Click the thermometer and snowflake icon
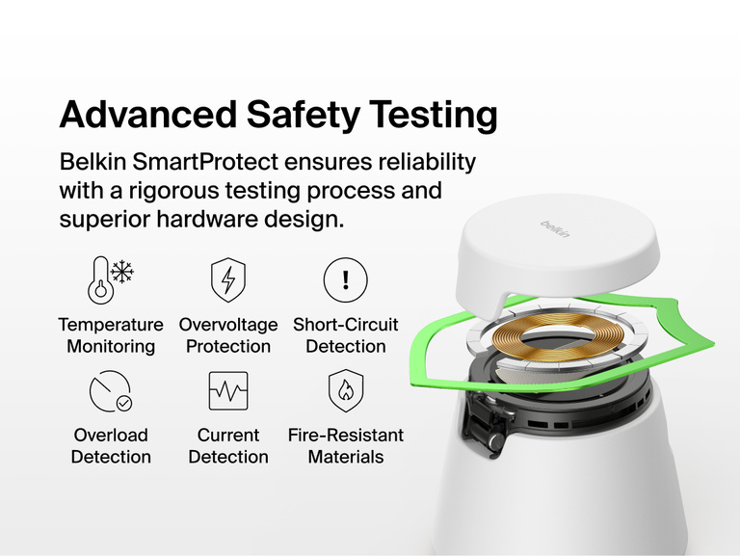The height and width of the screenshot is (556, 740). coord(110,279)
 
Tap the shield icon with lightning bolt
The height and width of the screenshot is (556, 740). coord(228,279)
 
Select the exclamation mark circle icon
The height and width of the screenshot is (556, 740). coord(345,279)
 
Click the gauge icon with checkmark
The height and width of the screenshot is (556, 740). coord(110,390)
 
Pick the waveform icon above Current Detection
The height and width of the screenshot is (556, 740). coord(228,390)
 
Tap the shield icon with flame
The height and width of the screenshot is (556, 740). coord(345,390)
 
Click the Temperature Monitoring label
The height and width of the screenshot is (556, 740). coord(110,335)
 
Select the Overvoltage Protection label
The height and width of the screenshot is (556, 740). coord(228,335)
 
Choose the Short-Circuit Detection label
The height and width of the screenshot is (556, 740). coord(345,335)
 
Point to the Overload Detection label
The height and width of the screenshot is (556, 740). coord(110,446)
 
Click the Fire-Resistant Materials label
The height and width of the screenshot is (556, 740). coord(345,446)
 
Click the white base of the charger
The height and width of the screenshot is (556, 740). coord(578,501)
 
